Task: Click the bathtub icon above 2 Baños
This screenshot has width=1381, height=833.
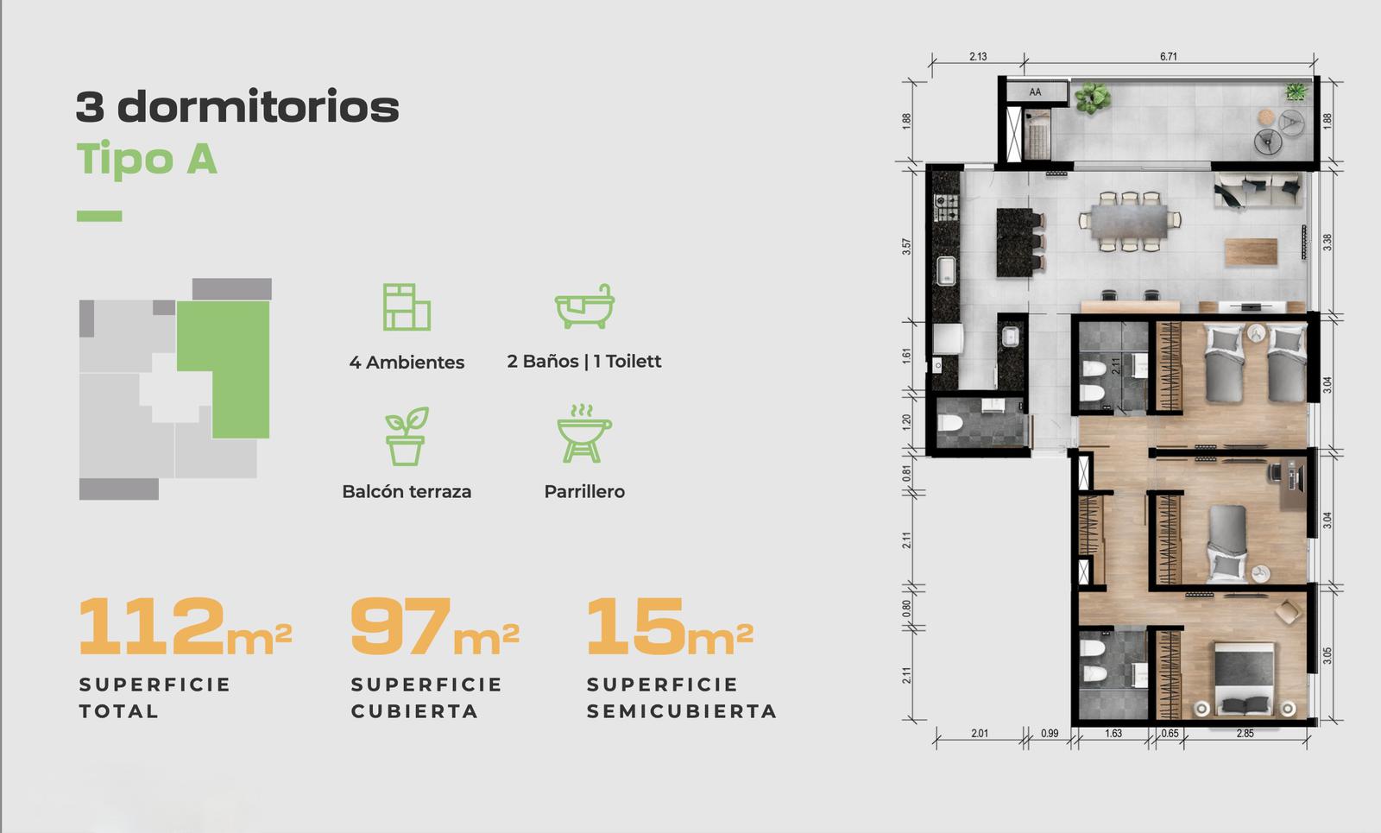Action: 584,306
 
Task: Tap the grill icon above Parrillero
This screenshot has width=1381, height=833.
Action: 583,433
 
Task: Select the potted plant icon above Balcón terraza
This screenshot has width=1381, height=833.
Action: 407,436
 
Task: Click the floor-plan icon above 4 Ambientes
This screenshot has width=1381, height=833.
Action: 407,307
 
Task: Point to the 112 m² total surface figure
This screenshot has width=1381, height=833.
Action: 185,626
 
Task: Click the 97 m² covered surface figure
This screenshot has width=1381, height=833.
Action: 435,626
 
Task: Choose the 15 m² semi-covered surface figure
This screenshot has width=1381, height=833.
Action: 670,626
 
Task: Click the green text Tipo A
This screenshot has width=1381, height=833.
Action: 147,159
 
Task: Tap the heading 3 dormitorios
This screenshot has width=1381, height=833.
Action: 237,106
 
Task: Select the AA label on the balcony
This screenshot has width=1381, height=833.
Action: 1035,92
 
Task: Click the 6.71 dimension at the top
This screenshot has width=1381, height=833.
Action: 1169,56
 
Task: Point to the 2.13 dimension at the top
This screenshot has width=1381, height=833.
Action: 978,56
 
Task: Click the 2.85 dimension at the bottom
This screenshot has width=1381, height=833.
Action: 1245,733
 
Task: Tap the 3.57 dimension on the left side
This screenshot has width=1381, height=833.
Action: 905,247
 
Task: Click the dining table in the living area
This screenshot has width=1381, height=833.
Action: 1129,221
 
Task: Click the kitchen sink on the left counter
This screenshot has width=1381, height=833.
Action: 946,271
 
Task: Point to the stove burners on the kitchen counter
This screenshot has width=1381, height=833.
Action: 946,207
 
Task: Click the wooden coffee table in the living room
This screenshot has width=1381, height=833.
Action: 1251,251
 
